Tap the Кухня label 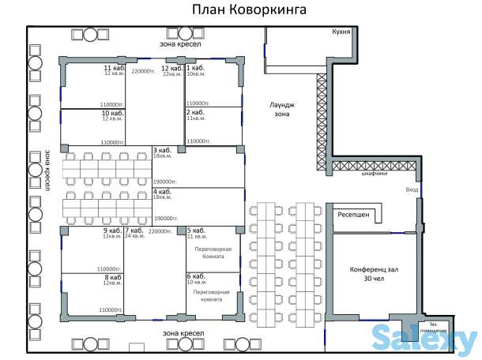[341, 31]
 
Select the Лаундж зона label [282, 108]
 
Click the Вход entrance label [412, 190]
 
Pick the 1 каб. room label [195, 69]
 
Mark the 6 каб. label [196, 276]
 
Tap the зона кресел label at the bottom [182, 333]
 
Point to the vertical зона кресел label [47, 169]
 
